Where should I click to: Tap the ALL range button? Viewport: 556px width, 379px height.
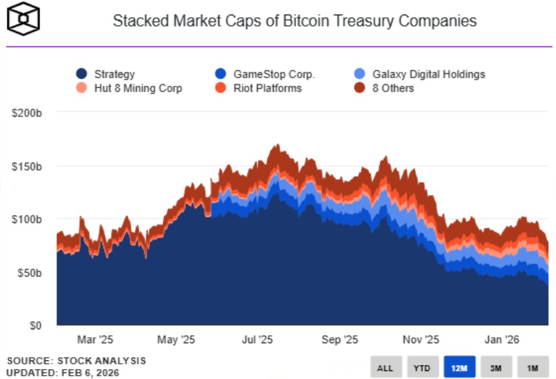pos(385,367)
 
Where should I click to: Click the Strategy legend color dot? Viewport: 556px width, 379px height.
pos(82,74)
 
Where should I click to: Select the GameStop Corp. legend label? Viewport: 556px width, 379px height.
pos(274,74)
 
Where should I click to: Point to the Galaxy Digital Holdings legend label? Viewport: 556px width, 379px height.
pos(428,74)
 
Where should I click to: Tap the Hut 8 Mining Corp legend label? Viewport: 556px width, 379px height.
pos(138,88)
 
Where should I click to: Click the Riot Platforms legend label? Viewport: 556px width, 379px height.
pos(267,88)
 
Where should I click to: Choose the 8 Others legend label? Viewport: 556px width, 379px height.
pos(393,88)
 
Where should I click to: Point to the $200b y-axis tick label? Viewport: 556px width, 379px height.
pos(27,113)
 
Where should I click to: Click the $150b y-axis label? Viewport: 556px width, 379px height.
pos(27,166)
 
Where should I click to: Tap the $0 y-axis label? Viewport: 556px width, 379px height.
pos(36,326)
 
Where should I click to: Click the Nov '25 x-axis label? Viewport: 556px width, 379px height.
pos(422,340)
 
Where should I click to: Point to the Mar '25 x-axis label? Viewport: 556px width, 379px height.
pos(96,340)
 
